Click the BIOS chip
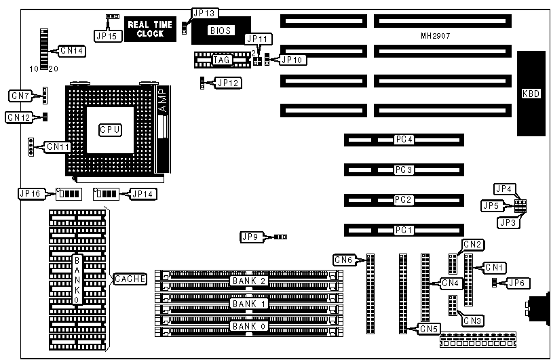[221, 30]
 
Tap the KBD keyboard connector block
[531, 94]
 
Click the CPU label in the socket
[110, 129]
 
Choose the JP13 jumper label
[204, 13]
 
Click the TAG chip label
[222, 60]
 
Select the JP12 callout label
[227, 83]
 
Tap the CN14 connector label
[72, 50]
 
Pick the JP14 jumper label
[142, 194]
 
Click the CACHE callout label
[128, 279]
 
